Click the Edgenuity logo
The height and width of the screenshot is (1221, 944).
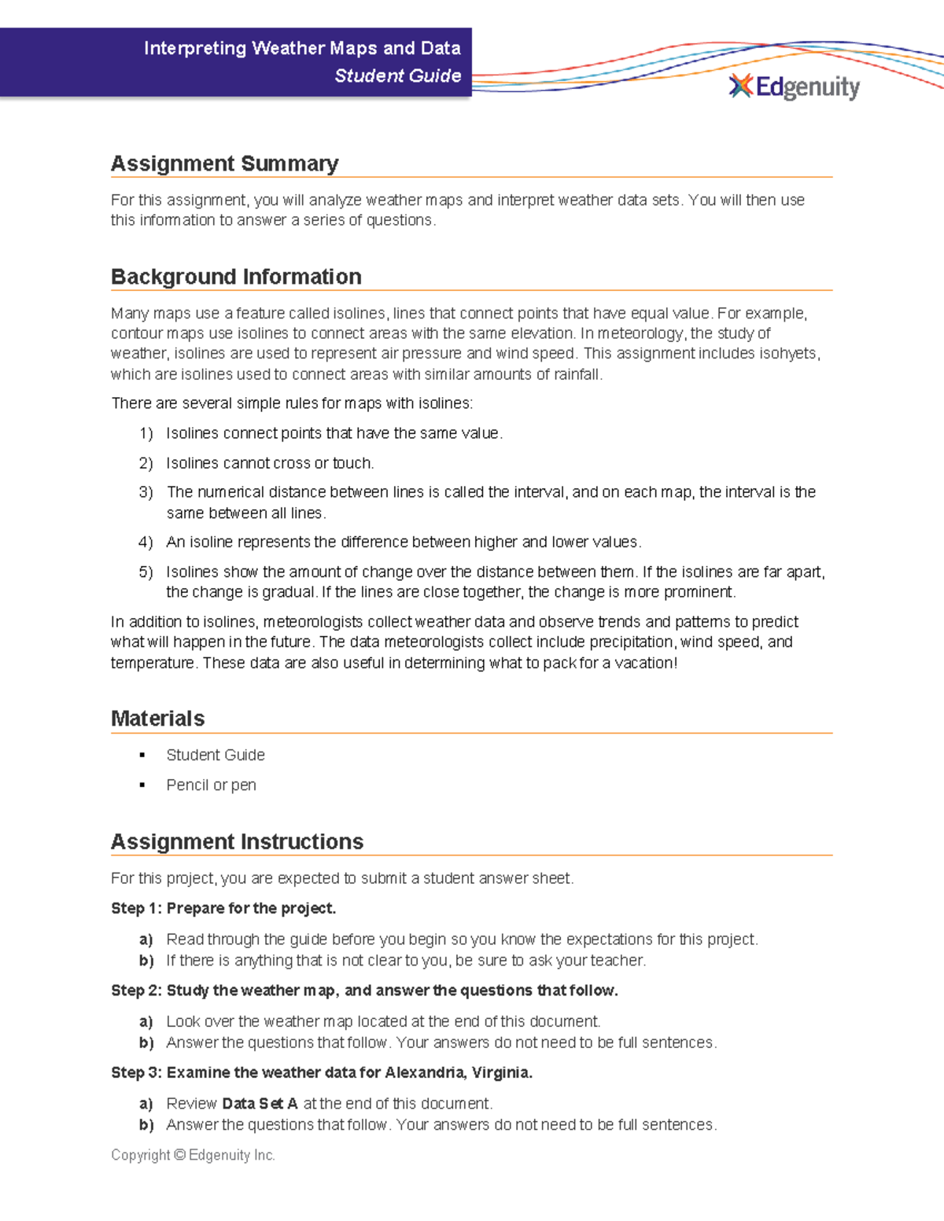click(x=795, y=86)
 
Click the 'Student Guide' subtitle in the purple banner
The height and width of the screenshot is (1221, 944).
click(x=397, y=75)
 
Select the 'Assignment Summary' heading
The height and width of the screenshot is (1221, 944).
click(x=224, y=164)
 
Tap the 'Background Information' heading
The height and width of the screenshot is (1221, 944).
click(x=236, y=277)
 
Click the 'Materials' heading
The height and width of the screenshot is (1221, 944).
click(x=157, y=719)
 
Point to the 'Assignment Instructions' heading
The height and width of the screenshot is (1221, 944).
click(x=237, y=841)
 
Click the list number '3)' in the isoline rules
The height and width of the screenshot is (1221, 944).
click(x=146, y=492)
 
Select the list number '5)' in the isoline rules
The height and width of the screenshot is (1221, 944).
click(x=146, y=572)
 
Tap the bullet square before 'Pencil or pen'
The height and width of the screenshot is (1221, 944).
click(x=142, y=785)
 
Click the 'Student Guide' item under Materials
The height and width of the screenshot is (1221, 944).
click(x=216, y=755)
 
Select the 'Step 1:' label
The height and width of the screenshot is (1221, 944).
click(x=136, y=908)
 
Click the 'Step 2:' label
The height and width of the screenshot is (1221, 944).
click(x=136, y=991)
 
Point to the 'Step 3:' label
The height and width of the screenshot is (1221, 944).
click(x=136, y=1072)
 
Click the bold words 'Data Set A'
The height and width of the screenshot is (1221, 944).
click(x=260, y=1103)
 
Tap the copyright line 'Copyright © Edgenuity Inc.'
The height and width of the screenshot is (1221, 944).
click(x=193, y=1155)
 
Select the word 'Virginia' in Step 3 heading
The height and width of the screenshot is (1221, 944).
click(x=500, y=1072)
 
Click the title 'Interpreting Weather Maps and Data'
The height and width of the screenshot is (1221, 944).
click(x=302, y=48)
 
